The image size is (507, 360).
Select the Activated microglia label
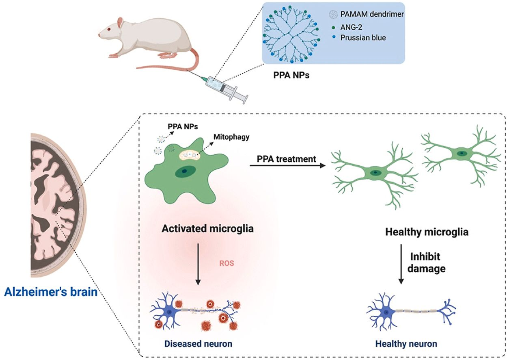click(207, 228)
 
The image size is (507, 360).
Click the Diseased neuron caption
click(198, 344)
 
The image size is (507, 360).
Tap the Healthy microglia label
click(426, 232)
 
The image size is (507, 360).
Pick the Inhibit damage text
click(427, 262)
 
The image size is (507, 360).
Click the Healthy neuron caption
click(406, 344)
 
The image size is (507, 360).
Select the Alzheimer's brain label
click(51, 291)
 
